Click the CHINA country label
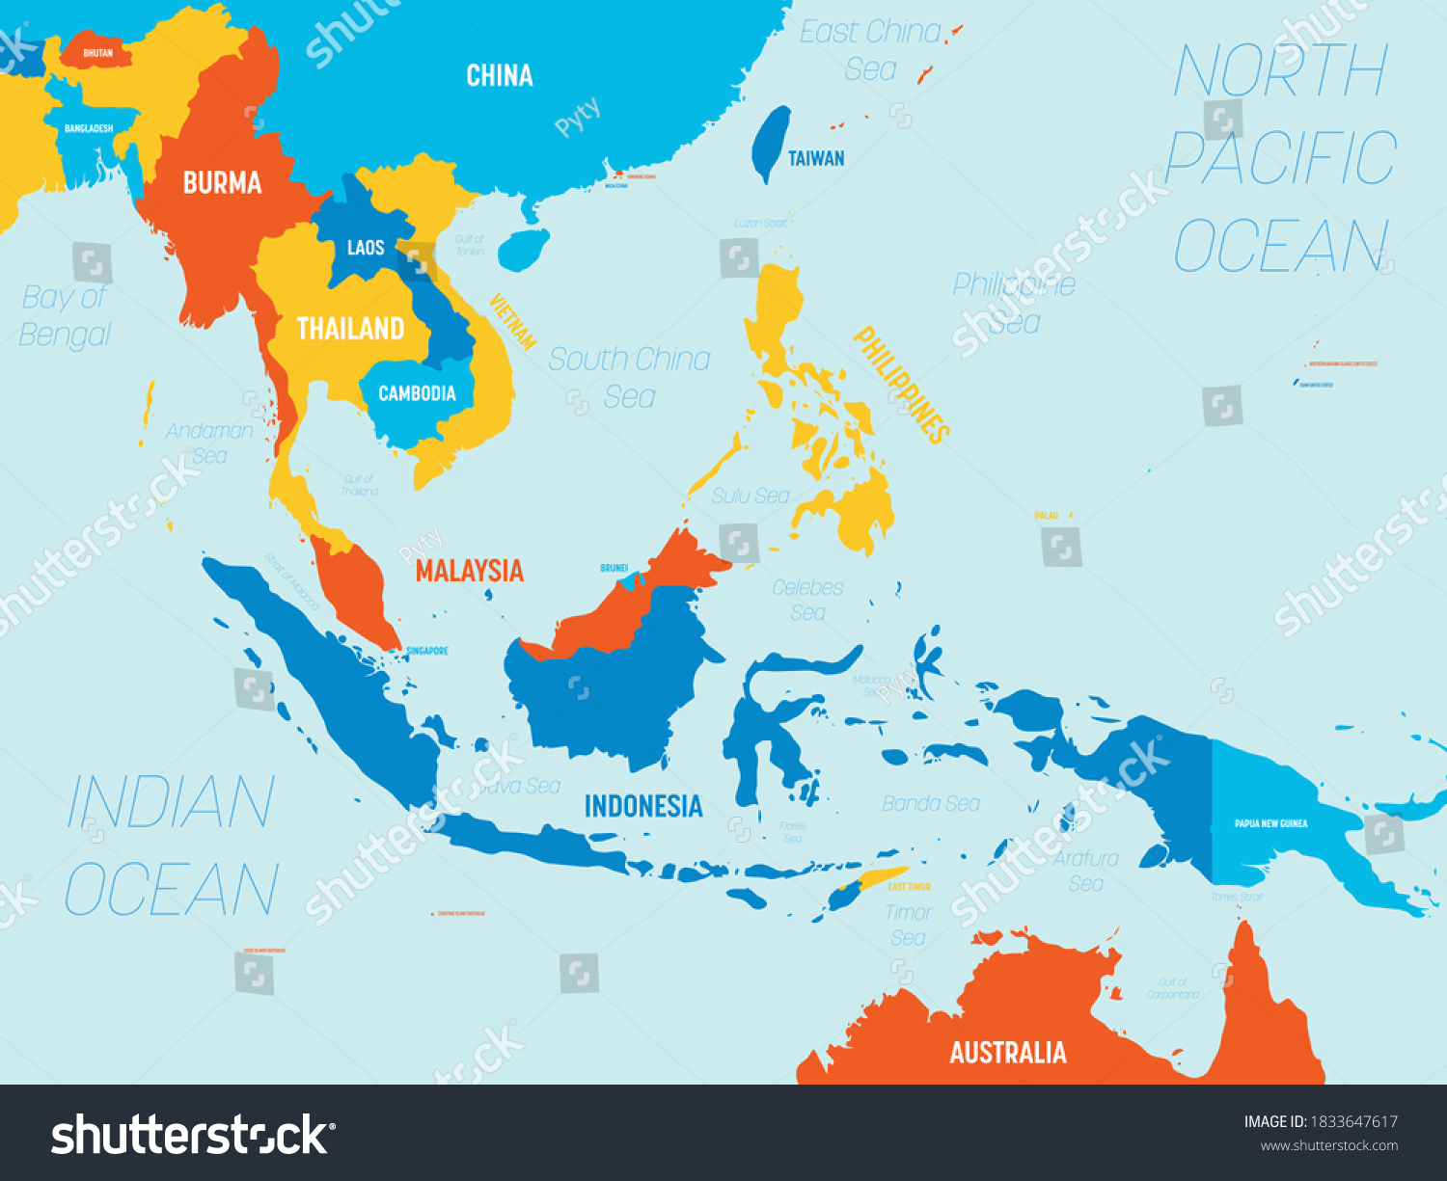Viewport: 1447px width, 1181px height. tap(499, 76)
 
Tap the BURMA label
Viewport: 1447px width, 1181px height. tap(222, 183)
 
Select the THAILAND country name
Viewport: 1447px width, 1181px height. tap(350, 330)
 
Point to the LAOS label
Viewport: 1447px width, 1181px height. tap(366, 249)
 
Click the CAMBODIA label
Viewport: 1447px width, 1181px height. tap(417, 393)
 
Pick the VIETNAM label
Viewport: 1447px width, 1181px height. tap(512, 321)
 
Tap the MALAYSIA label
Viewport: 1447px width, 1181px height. tap(469, 571)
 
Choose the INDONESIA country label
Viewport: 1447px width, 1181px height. tap(642, 806)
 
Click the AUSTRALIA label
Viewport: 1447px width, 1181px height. tap(1008, 1053)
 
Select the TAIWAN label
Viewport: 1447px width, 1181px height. tap(816, 159)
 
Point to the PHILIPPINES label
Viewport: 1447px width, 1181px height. tap(901, 384)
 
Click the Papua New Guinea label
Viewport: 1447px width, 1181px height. tap(1270, 823)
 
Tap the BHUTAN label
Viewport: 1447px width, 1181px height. tap(97, 53)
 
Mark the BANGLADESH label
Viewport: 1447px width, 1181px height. tap(89, 128)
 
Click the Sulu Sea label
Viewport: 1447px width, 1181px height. tap(751, 496)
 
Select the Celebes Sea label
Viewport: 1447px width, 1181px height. tap(807, 600)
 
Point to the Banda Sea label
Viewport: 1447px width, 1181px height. tap(931, 803)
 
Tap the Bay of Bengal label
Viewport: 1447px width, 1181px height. tap(66, 316)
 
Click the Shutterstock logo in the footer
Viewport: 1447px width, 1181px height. tap(190, 1134)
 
